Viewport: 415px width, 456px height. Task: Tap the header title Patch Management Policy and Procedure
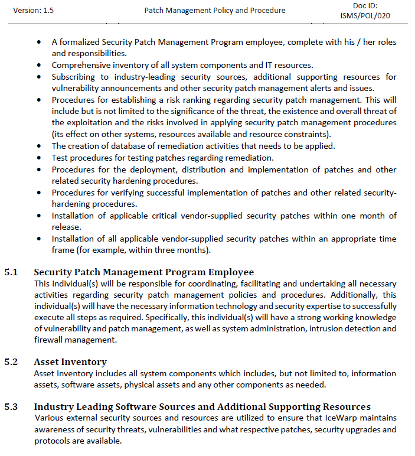click(x=215, y=11)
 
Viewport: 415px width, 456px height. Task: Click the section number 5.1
click(x=12, y=272)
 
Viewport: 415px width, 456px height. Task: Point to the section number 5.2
click(x=12, y=362)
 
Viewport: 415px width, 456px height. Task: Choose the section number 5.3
click(x=12, y=406)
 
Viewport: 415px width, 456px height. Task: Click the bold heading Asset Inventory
click(x=70, y=362)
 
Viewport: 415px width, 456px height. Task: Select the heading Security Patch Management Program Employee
click(x=143, y=272)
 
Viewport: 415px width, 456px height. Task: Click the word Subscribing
click(x=73, y=77)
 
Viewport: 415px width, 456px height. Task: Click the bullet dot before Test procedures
click(x=38, y=158)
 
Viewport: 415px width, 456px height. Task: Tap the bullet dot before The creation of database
click(x=38, y=146)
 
